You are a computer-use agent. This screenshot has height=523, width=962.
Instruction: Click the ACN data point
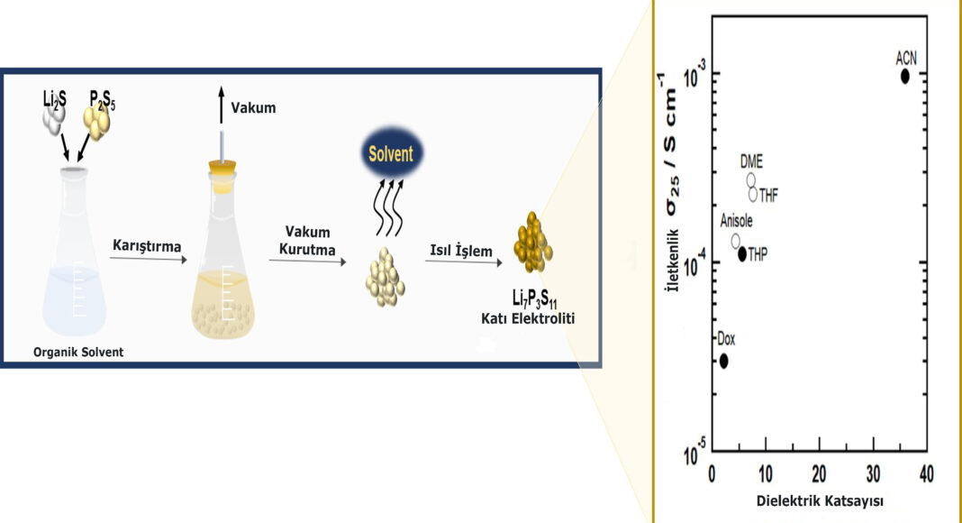point(905,76)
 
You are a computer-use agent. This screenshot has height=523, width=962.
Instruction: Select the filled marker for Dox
point(723,361)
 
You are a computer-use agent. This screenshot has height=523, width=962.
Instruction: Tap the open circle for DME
point(751,180)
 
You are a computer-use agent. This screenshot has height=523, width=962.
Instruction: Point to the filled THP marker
point(743,254)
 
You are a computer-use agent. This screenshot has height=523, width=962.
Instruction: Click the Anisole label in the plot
point(736,221)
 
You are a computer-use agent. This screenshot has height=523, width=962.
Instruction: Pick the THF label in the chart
point(768,194)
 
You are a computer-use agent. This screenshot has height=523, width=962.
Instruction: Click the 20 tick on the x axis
point(819,473)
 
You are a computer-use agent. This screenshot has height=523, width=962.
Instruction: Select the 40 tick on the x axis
point(926,473)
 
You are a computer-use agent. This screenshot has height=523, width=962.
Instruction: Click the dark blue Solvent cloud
point(389,154)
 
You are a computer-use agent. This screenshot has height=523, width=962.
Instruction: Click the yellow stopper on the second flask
point(220,169)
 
